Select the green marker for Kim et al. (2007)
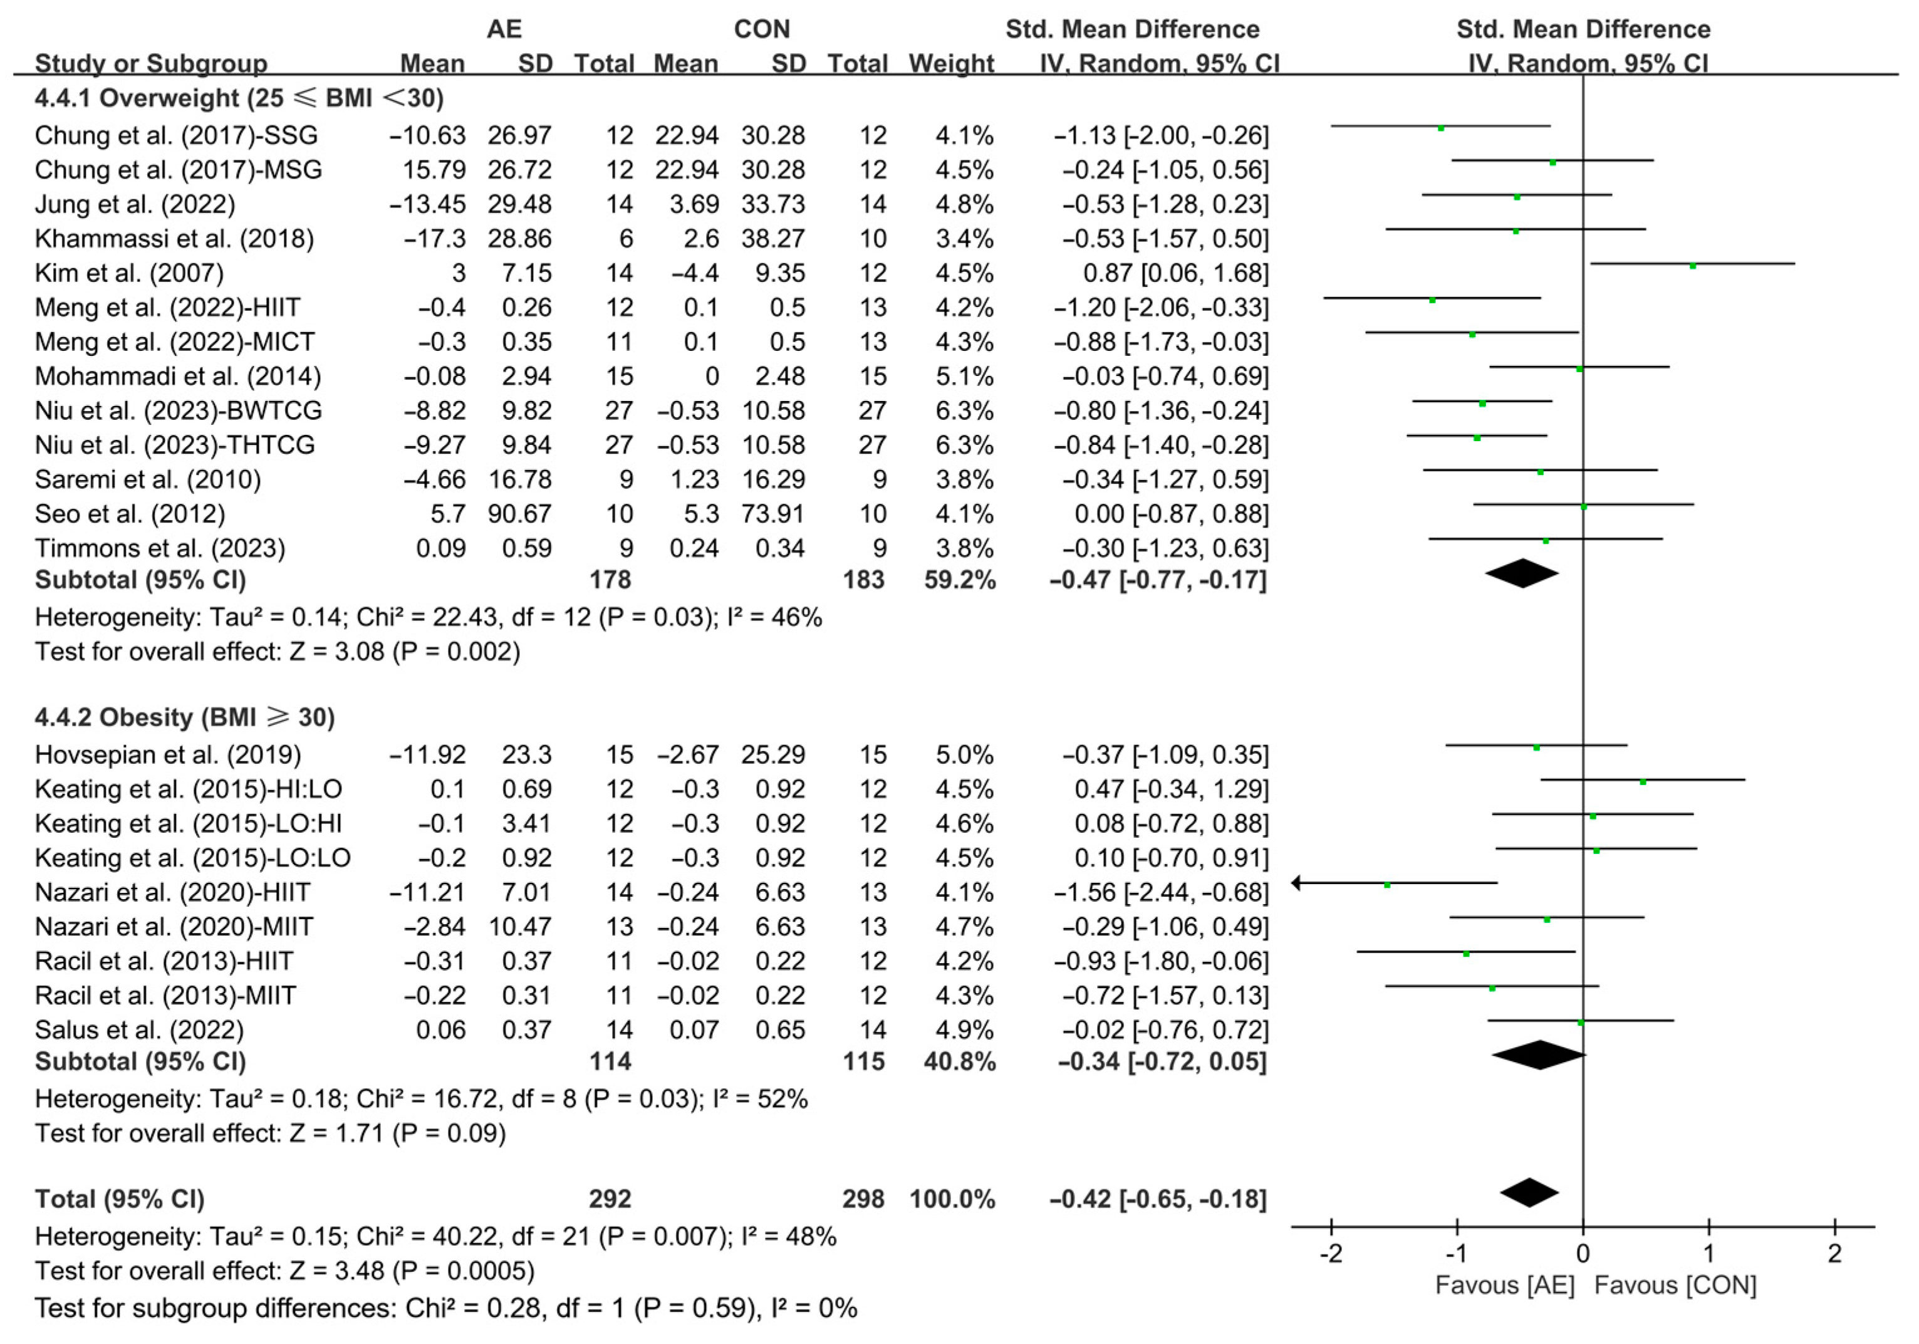1692,266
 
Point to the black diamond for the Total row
1529,1193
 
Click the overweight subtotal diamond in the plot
1522,573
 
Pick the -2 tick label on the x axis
1331,1254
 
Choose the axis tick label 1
1708,1254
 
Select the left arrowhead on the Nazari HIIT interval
1296,883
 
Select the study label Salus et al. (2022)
138,1029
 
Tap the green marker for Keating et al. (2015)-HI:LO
1642,781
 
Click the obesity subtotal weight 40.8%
960,1061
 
